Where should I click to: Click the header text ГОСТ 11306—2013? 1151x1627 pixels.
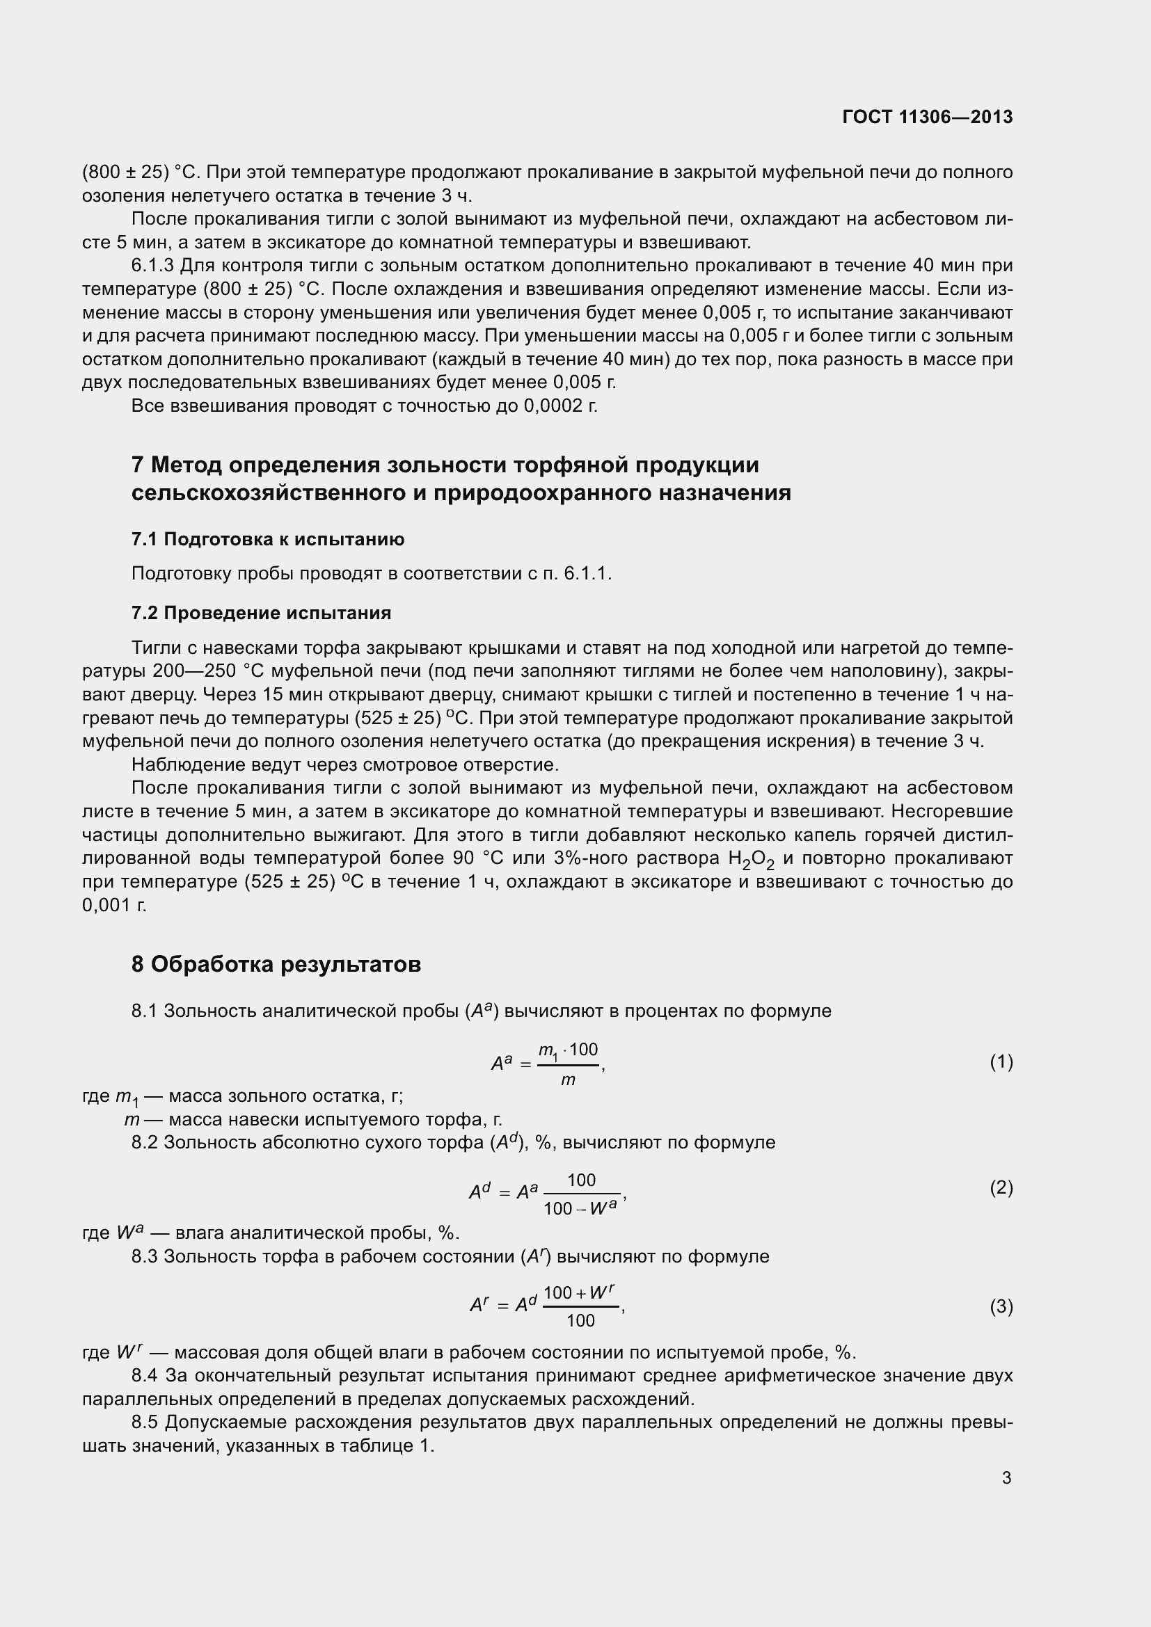point(927,117)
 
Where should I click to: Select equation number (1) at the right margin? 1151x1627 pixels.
point(1001,1061)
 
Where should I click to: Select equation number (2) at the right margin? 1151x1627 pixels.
point(1001,1187)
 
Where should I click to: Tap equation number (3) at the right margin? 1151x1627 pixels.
point(1001,1306)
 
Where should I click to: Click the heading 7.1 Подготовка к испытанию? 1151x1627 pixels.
point(268,539)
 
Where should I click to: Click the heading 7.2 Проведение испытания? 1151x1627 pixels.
point(261,612)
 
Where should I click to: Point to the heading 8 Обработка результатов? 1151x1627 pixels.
point(276,963)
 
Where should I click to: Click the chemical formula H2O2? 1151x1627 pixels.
point(752,860)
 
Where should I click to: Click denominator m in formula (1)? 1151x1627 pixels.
point(568,1081)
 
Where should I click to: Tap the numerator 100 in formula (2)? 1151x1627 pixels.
point(581,1180)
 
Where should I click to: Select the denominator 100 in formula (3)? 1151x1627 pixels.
point(580,1320)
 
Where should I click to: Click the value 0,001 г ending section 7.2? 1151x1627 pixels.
point(114,905)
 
